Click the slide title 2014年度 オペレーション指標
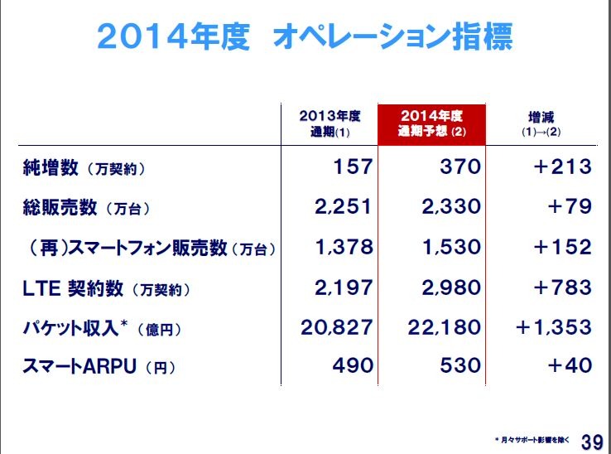(305, 36)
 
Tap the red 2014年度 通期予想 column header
(431, 123)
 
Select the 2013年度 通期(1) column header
(330, 123)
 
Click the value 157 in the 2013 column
(353, 167)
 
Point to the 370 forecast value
(459, 167)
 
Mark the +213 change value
(562, 167)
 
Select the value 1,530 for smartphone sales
(450, 246)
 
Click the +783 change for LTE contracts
(562, 287)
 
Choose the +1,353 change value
(553, 326)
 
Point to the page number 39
(591, 440)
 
